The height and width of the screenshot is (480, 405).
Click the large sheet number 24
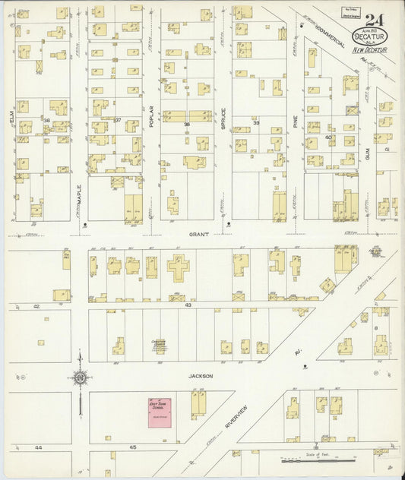[373, 20]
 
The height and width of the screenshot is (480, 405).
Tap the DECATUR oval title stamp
[369, 36]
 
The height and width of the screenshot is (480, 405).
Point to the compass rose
[79, 376]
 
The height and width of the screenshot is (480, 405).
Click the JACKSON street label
[201, 376]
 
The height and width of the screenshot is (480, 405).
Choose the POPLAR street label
[151, 114]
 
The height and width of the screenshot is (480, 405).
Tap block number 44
[37, 447]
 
